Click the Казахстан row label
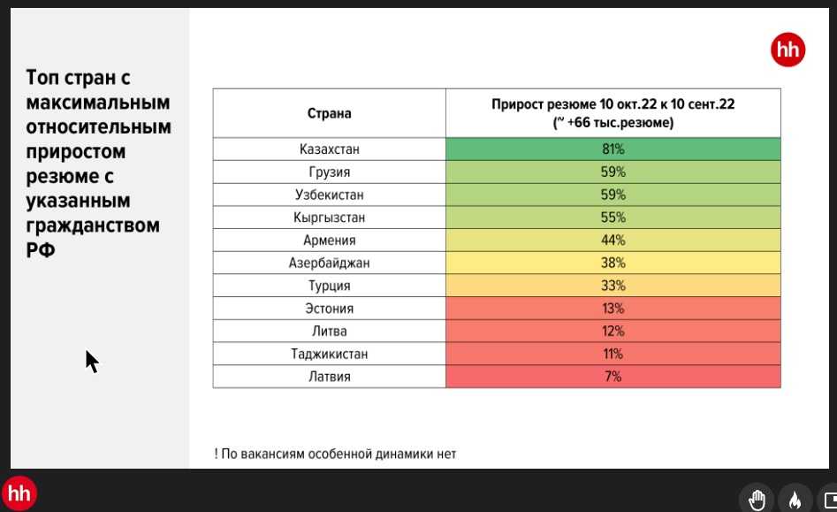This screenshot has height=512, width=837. click(329, 149)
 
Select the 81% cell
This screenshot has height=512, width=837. click(613, 149)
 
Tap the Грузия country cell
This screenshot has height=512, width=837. click(329, 172)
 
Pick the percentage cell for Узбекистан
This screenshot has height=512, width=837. click(613, 195)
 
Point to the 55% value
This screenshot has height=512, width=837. click(613, 218)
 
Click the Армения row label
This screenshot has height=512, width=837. click(329, 241)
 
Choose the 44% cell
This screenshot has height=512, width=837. click(613, 241)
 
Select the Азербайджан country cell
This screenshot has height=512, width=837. click(329, 263)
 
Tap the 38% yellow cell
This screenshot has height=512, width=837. click(613, 263)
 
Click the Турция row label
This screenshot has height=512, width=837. click(329, 286)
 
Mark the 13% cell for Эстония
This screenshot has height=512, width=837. click(613, 309)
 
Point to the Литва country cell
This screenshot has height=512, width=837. click(329, 332)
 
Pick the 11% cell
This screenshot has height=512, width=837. click(613, 354)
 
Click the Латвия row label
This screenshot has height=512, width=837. click(329, 377)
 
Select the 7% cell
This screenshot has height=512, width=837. click(613, 377)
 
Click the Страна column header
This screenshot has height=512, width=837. click(329, 113)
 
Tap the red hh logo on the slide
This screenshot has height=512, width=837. click(788, 50)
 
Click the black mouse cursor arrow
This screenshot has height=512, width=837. click(91, 361)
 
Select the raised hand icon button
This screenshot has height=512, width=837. click(757, 500)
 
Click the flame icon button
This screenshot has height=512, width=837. click(795, 500)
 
